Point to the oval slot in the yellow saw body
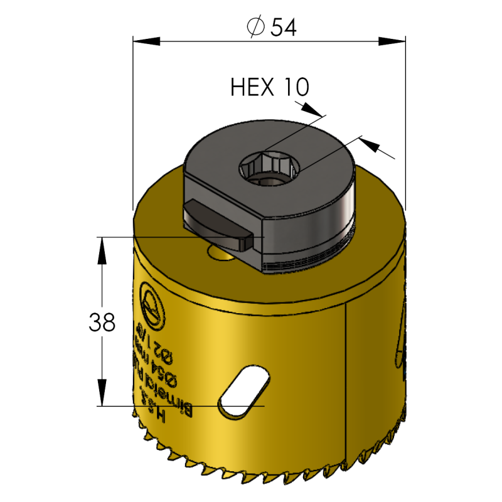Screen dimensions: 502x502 [243, 389]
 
